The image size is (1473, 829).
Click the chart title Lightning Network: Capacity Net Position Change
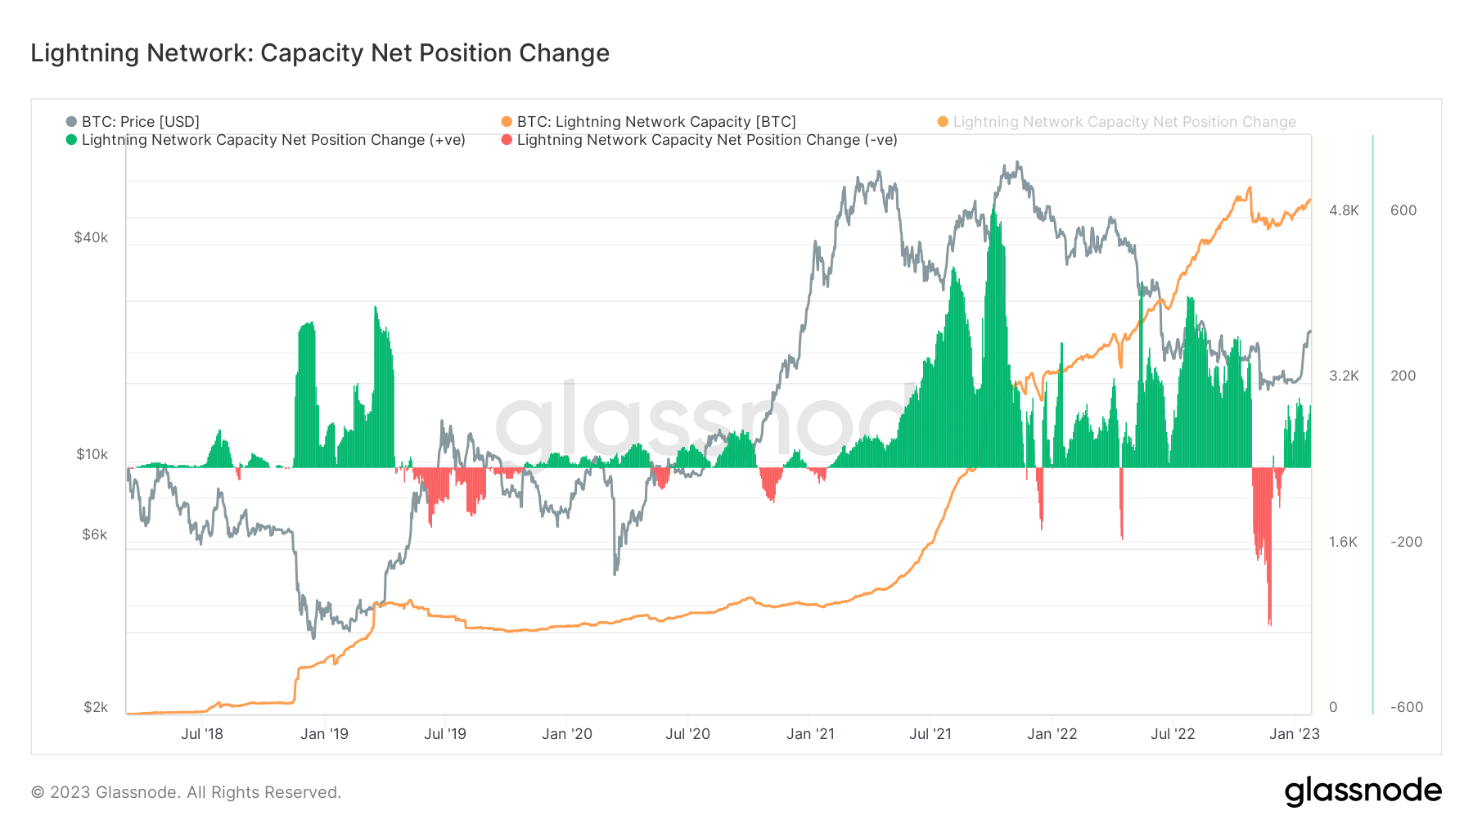[x=320, y=53]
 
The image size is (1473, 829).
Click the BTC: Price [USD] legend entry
[x=140, y=122]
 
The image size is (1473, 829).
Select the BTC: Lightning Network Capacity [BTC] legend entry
[x=655, y=122]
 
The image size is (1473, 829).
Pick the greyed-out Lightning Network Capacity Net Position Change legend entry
[x=1124, y=122]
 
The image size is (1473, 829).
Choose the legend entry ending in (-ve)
[x=706, y=140]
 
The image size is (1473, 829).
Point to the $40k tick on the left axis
[x=91, y=237]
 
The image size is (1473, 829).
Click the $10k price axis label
[x=92, y=454]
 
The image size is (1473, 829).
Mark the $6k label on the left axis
[x=94, y=534]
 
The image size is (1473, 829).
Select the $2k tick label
[x=95, y=707]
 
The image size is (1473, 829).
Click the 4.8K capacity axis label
[x=1344, y=210]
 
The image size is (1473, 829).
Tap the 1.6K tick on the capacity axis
[x=1343, y=542]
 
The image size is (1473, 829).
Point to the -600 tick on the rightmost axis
[x=1406, y=707]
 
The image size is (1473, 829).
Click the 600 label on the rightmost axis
[x=1403, y=210]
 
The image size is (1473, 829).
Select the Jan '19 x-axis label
[x=324, y=734]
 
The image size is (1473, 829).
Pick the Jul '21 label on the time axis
[x=930, y=734]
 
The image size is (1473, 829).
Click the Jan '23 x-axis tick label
[x=1294, y=734]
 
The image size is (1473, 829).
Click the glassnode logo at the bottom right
[x=1363, y=791]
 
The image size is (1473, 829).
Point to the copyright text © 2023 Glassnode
[x=186, y=792]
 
